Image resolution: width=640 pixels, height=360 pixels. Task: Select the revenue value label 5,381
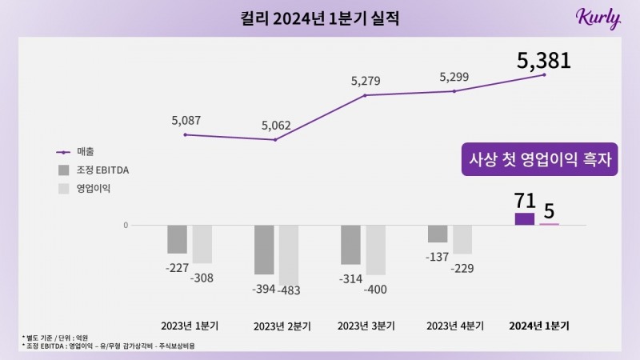(544, 59)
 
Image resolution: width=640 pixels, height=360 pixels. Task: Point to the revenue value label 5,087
(186, 121)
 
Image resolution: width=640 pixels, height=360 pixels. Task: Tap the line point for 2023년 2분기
(275, 140)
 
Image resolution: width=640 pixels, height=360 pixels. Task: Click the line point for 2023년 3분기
(365, 96)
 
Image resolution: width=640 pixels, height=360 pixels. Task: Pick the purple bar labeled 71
(525, 218)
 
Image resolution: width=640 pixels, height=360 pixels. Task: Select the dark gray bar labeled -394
(264, 250)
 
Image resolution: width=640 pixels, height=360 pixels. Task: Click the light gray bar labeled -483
(288, 254)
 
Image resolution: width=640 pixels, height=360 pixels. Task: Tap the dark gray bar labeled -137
(438, 234)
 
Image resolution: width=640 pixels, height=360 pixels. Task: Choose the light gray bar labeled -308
(202, 244)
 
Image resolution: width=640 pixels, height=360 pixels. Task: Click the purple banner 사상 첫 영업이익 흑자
(539, 159)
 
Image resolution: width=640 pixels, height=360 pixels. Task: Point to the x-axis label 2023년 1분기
(190, 326)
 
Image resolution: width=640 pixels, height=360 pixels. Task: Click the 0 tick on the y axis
(126, 225)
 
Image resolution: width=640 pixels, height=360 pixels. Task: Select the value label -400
(376, 290)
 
